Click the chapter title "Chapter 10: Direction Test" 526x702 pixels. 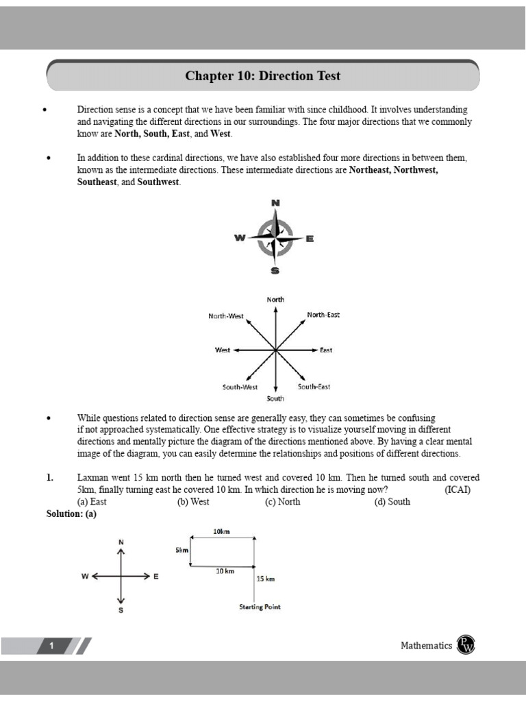click(x=262, y=76)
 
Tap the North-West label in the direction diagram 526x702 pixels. click(x=226, y=316)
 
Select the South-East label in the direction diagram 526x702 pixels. click(x=314, y=387)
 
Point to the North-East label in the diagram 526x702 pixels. click(x=323, y=315)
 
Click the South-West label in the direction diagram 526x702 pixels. click(x=240, y=387)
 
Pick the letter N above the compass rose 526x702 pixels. click(x=275, y=203)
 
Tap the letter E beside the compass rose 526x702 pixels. click(x=310, y=239)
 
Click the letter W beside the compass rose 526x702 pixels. click(x=240, y=238)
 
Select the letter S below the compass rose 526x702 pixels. click(x=275, y=270)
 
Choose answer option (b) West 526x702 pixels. click(x=193, y=501)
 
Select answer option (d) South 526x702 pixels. click(x=392, y=501)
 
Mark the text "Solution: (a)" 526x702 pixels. click(x=71, y=513)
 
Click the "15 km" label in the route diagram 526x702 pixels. click(x=265, y=579)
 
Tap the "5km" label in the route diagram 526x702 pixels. click(x=181, y=550)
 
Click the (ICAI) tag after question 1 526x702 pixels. click(x=458, y=489)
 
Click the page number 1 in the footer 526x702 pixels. click(x=51, y=646)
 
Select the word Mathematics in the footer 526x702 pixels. click(x=426, y=646)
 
